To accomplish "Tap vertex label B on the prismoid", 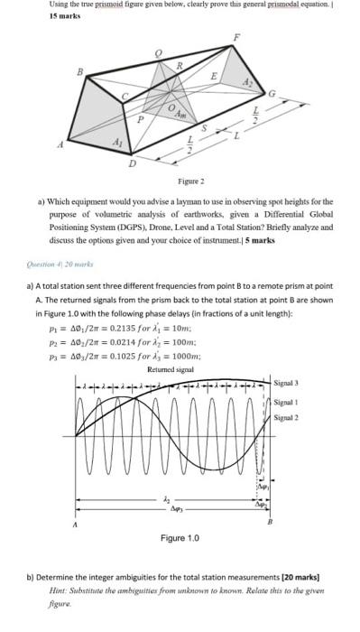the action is tap(79, 70).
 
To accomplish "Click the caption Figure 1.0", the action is tap(180, 539).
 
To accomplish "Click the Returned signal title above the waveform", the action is tap(171, 369).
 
